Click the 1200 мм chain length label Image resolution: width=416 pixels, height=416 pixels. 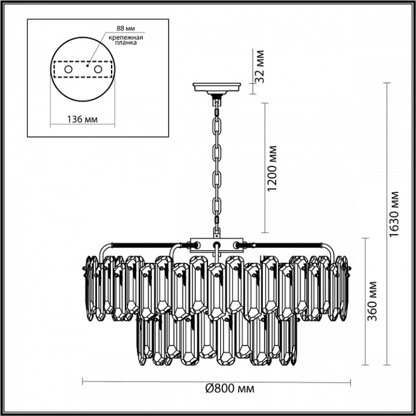tap(274, 167)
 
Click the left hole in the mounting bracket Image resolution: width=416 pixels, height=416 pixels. tap(68, 69)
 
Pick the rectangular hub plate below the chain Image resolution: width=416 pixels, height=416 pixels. tap(215, 244)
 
